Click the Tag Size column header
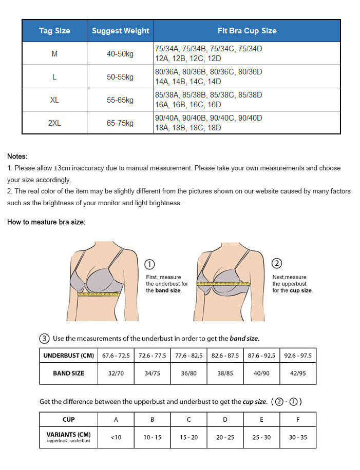(x=54, y=31)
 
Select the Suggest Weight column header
(x=121, y=31)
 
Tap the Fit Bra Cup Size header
(x=247, y=31)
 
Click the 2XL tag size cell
(x=54, y=123)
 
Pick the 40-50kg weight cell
(x=120, y=54)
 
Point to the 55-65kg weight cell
(x=120, y=100)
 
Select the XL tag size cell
(x=54, y=100)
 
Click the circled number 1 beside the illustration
(x=149, y=264)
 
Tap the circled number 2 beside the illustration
(x=277, y=263)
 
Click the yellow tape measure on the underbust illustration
(x=99, y=295)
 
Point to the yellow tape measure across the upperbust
(x=223, y=283)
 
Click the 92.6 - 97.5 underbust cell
(x=298, y=355)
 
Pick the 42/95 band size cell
(x=298, y=373)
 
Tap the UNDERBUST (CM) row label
(x=69, y=355)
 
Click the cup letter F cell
(x=298, y=419)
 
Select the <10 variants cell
(x=116, y=437)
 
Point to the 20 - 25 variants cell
(x=225, y=437)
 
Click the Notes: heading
(x=17, y=156)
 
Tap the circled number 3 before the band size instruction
(x=44, y=338)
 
